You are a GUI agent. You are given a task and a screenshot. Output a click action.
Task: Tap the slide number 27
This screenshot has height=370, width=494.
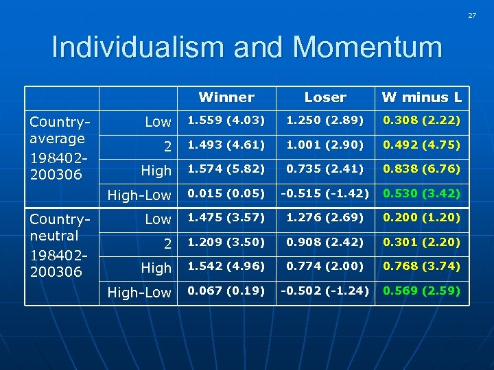point(472,15)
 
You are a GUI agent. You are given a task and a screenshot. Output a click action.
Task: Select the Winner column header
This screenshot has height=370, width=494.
point(226,97)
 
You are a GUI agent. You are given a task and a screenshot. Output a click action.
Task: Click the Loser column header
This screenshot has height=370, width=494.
point(325,97)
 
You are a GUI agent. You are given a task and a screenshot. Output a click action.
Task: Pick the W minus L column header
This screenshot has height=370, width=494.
point(422,97)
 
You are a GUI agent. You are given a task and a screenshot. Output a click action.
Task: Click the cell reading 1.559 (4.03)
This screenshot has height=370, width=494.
point(226,121)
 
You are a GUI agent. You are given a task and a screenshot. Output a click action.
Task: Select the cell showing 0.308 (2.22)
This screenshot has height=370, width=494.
point(421,121)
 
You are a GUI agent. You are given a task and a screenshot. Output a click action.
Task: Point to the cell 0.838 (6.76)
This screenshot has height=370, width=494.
point(421,169)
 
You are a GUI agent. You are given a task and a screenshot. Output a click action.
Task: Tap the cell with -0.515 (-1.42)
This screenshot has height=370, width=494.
point(325,194)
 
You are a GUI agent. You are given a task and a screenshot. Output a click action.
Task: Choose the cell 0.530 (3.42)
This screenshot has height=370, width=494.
point(421,194)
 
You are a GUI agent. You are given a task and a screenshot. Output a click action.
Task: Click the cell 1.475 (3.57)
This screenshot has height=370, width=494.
point(226,218)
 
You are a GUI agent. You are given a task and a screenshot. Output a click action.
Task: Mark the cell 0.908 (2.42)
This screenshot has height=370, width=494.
point(325,242)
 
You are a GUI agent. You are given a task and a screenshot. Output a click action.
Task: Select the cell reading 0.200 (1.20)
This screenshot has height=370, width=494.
point(421,218)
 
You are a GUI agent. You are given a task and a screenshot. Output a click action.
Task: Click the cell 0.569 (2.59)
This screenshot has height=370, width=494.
point(421,291)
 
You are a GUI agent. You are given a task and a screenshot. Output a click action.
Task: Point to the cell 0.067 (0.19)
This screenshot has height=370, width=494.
point(226,291)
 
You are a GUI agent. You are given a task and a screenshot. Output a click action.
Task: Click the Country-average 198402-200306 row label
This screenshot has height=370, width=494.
point(58,148)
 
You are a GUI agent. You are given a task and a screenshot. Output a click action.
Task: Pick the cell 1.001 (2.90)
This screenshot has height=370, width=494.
point(325,145)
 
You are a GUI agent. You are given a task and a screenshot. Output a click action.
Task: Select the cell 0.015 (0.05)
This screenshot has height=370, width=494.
point(226,194)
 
